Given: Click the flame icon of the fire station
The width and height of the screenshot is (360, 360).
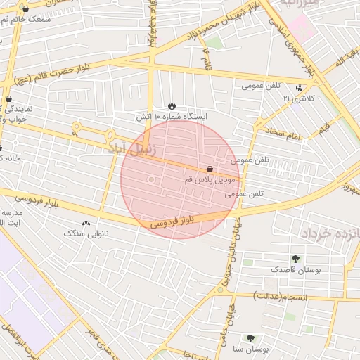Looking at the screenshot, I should click(174, 104).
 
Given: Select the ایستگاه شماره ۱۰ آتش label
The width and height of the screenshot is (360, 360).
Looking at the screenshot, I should click(172, 115).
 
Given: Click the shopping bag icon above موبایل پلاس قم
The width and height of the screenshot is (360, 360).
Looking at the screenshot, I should click(210, 169).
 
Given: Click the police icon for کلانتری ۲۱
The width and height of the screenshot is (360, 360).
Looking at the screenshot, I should click(300, 88).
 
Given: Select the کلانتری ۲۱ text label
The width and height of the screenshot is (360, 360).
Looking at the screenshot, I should click(296, 98).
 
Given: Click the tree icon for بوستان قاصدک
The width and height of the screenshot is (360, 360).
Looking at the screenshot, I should click(295, 258).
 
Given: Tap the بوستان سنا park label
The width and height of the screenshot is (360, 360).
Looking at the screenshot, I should click(249, 349).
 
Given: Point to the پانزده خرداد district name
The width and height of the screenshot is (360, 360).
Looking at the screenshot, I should click(330, 232).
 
